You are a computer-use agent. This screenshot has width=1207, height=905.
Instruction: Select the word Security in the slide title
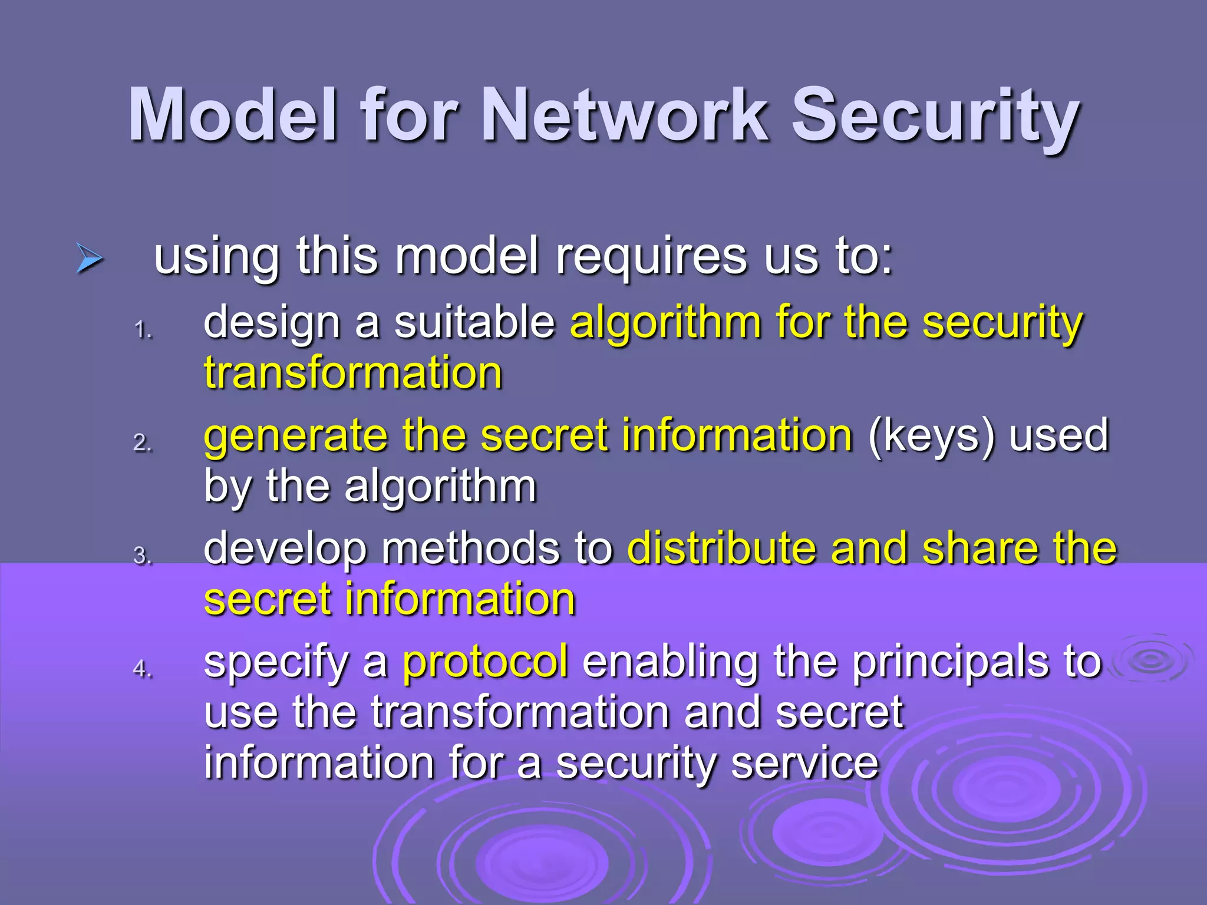[x=935, y=115]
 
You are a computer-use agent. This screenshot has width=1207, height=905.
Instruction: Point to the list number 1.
[x=143, y=330]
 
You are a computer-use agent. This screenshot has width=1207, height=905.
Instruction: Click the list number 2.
[x=143, y=442]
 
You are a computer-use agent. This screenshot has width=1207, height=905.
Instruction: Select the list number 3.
[x=143, y=556]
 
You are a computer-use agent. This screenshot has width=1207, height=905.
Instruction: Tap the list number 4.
[x=143, y=669]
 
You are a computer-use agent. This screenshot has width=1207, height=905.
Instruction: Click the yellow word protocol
[x=485, y=662]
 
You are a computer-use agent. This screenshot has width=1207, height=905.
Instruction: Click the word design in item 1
[x=272, y=323]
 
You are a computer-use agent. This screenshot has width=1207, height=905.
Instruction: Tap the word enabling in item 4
[x=670, y=662]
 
